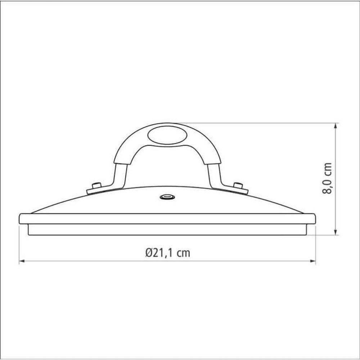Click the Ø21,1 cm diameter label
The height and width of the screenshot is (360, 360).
[168, 253]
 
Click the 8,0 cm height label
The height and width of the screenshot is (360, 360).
[327, 179]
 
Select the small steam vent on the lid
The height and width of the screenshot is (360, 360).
[167, 197]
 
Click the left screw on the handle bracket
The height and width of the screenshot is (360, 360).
[96, 185]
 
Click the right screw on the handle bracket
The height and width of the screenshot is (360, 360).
[238, 185]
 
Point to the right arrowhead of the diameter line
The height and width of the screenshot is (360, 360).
[312, 261]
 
